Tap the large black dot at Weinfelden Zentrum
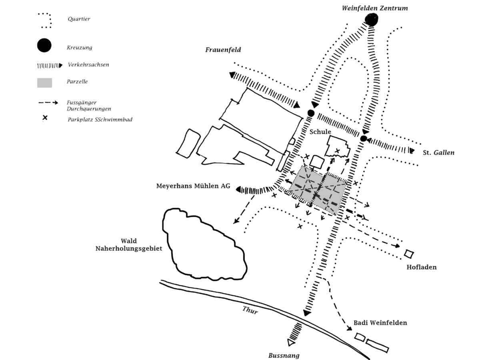(x=372, y=19)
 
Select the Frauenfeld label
(x=223, y=50)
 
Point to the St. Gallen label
(x=439, y=153)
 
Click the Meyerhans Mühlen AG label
(x=193, y=186)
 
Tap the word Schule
(x=320, y=132)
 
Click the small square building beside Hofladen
(x=409, y=254)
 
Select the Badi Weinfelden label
(x=380, y=323)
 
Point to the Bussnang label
(x=284, y=355)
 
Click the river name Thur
(x=250, y=310)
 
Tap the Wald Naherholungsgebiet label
(x=129, y=244)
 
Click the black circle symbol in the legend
(x=44, y=45)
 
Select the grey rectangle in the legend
(x=44, y=83)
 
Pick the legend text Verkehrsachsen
(x=88, y=64)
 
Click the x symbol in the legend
(x=45, y=118)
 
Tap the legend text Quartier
(x=79, y=19)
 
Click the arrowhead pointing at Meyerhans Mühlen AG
(x=239, y=189)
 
